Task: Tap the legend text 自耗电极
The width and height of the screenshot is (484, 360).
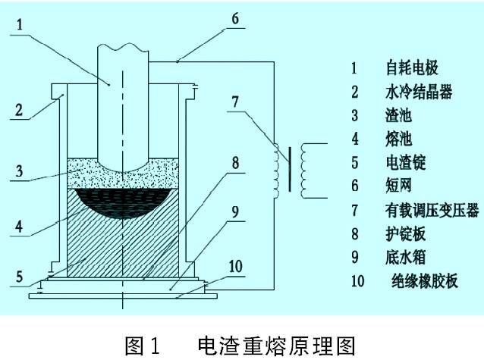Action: tap(411, 67)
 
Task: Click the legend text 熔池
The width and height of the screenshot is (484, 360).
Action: tap(399, 139)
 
